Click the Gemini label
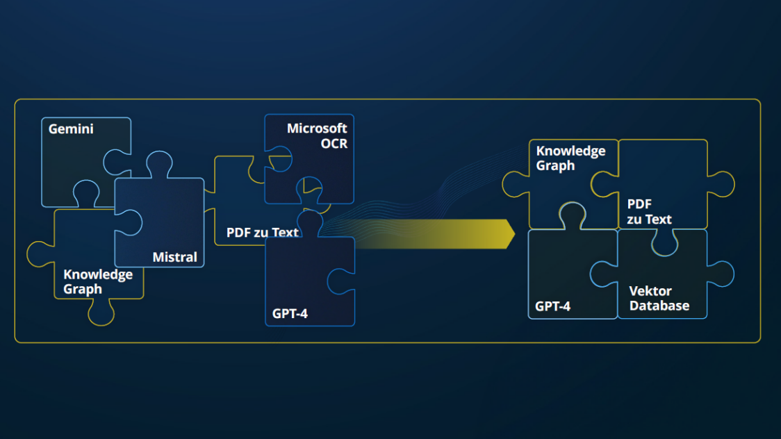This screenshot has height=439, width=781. (x=71, y=129)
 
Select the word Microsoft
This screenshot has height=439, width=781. (x=317, y=129)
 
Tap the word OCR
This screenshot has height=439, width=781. (x=334, y=144)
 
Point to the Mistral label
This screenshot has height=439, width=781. (x=174, y=257)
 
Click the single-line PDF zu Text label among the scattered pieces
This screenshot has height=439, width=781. (x=262, y=233)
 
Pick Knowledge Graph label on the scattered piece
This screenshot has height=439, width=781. (x=97, y=282)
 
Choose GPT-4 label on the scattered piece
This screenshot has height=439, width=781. (x=290, y=314)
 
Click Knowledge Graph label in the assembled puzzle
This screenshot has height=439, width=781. (x=570, y=158)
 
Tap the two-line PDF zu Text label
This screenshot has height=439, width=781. (x=649, y=212)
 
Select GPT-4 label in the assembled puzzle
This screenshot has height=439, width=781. (x=552, y=306)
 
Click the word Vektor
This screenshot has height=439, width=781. (x=650, y=291)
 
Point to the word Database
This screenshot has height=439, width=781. (x=659, y=306)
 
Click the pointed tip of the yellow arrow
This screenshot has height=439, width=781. (x=514, y=233)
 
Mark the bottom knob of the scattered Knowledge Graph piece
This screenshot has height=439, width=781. (x=101, y=313)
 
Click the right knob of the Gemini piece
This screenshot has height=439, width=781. (x=117, y=162)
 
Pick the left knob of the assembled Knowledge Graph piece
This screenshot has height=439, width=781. (x=515, y=184)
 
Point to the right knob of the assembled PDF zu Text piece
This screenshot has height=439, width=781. (x=722, y=184)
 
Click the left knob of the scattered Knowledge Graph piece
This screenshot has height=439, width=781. (x=40, y=254)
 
